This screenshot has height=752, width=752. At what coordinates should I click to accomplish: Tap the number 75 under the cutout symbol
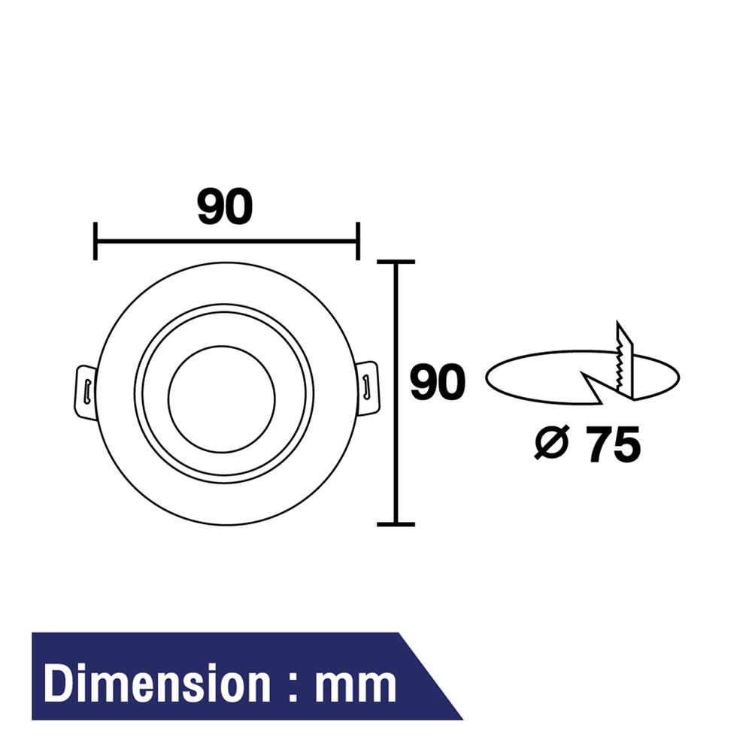614,444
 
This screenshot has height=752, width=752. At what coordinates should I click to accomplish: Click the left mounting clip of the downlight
86,390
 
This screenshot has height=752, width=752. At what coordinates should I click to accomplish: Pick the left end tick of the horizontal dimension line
96,241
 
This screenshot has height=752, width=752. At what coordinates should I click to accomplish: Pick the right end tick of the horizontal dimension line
357,241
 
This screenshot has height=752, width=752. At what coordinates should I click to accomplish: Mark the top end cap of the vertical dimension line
396,262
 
